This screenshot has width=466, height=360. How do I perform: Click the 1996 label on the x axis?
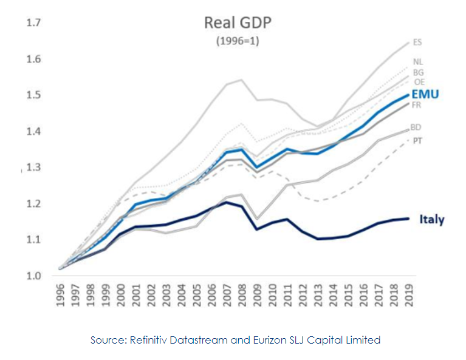(60, 295)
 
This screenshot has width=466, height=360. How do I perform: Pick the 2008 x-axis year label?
(242, 295)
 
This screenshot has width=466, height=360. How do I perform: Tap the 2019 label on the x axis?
(409, 295)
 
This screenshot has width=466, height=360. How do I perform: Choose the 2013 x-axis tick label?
(318, 295)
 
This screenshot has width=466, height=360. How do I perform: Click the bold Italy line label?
(431, 220)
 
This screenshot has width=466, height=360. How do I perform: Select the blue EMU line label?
(425, 95)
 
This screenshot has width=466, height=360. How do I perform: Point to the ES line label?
(417, 42)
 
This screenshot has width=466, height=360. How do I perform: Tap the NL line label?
(418, 61)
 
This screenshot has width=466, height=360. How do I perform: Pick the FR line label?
(417, 105)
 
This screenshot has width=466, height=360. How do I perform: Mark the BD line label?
(416, 127)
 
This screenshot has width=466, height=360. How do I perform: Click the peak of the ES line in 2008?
(242, 80)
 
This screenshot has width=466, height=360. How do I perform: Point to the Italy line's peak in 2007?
(227, 202)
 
